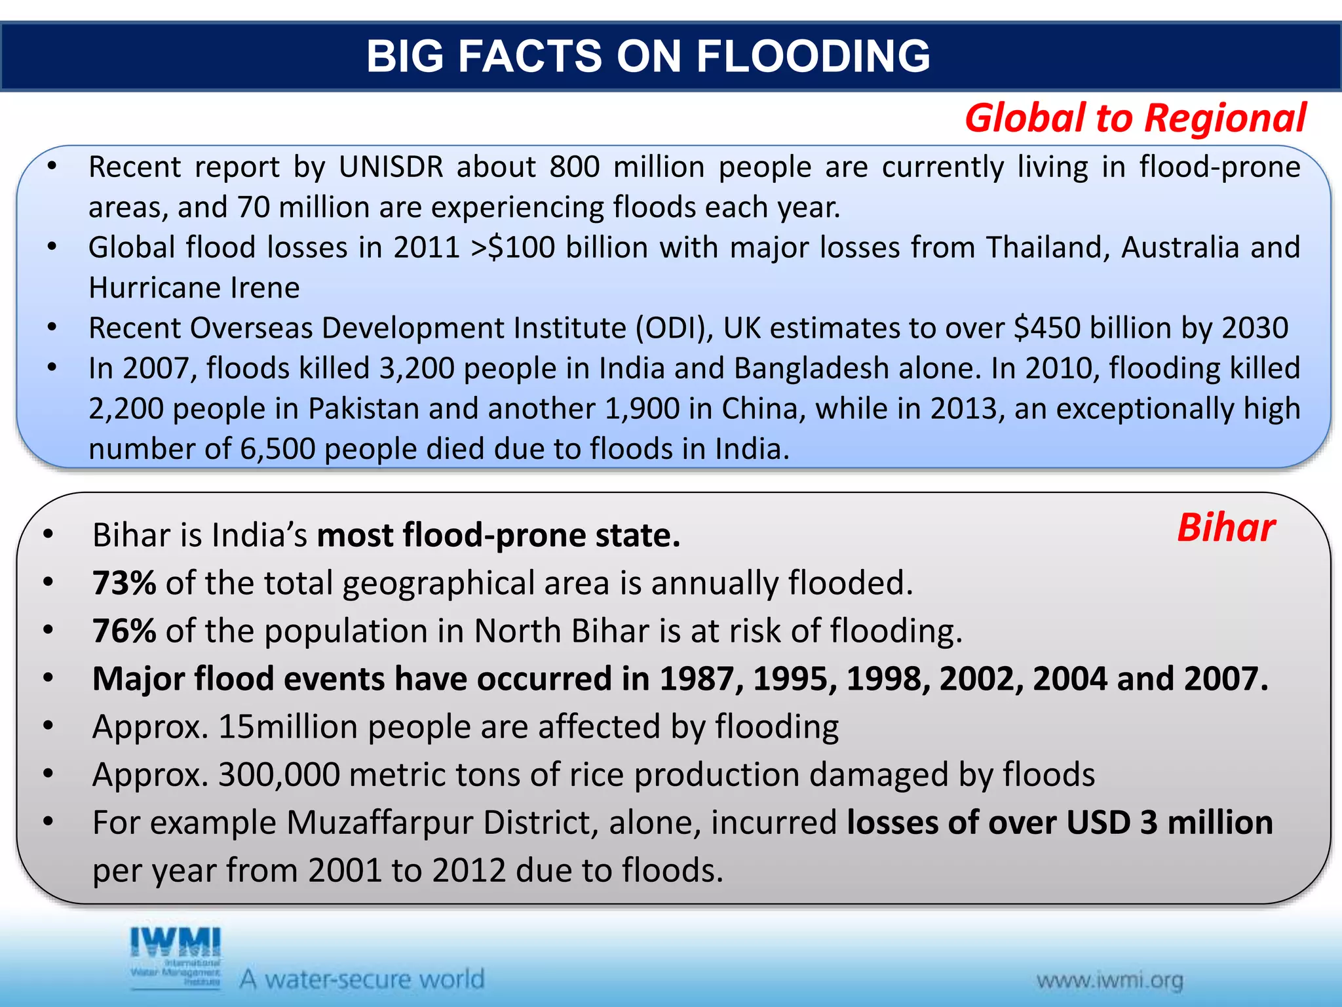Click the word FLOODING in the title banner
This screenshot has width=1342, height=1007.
coord(813,56)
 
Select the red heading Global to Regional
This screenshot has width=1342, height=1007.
coord(1136,119)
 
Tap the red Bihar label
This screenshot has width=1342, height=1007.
coord(1226,528)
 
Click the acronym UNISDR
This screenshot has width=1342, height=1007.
coord(391,167)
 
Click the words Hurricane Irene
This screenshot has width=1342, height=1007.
coord(194,288)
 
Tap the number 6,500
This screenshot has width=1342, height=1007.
coord(278,449)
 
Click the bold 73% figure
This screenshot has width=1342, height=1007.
coord(125,583)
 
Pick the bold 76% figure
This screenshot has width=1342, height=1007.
coord(125,631)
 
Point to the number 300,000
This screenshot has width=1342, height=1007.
coord(279,775)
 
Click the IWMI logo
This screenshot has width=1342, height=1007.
coord(176,957)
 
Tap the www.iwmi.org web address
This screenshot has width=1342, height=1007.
coord(1110,981)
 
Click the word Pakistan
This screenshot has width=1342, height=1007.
coord(364,409)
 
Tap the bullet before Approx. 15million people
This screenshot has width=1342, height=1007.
coord(48,726)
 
